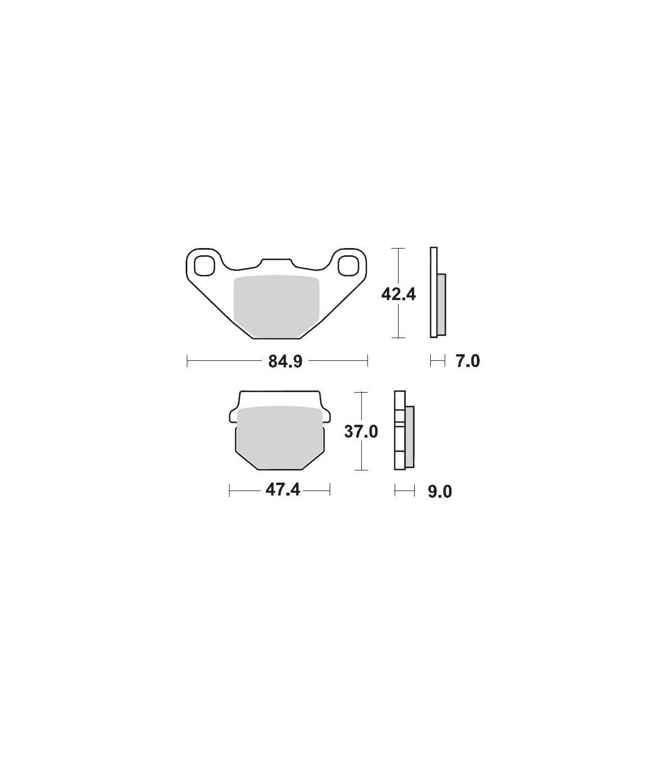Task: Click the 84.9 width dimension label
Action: [285, 361]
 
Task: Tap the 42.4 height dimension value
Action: [399, 295]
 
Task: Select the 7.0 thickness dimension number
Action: [468, 361]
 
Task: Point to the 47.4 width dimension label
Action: [283, 490]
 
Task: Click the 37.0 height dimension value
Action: [361, 432]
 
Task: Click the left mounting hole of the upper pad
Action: [204, 265]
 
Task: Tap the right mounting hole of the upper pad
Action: [347, 265]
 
